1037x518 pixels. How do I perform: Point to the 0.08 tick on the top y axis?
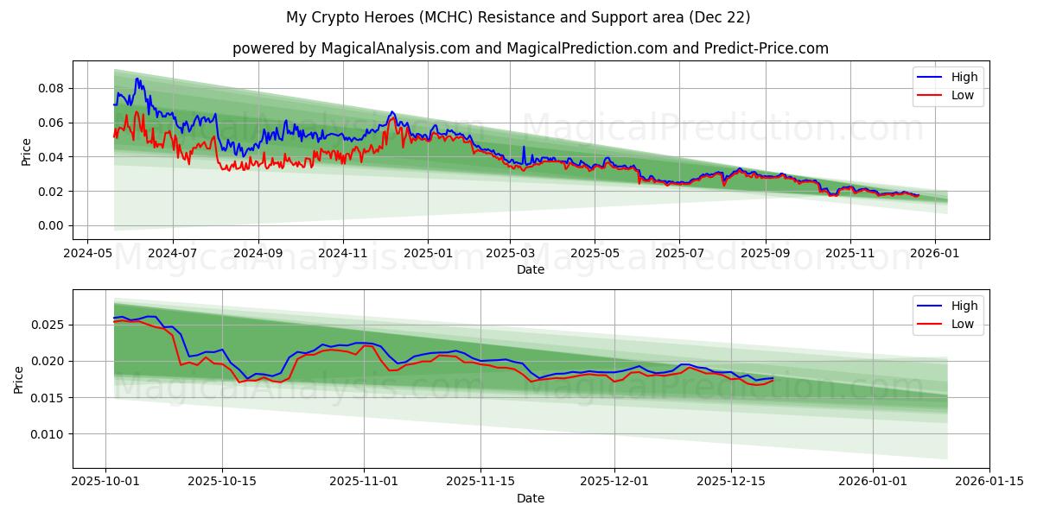point(50,88)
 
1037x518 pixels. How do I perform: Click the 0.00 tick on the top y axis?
point(50,225)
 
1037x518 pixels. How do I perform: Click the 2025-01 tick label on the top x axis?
point(428,254)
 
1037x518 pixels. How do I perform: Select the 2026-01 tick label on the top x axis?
point(934,254)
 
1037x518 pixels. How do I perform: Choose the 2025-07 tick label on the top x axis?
point(678,254)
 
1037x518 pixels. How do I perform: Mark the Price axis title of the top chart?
point(26,151)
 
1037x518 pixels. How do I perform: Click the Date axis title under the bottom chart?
point(530,498)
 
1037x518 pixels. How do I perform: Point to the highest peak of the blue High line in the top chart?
point(137,79)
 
